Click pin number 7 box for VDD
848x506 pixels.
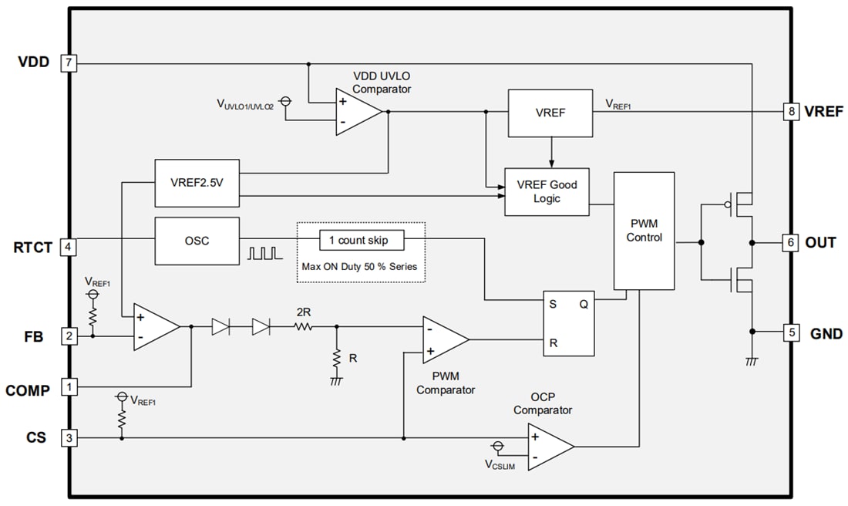click(x=69, y=62)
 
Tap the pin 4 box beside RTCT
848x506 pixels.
click(x=69, y=247)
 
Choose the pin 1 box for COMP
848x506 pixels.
click(x=69, y=386)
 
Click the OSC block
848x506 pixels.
click(x=197, y=240)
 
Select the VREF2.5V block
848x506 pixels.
click(x=197, y=183)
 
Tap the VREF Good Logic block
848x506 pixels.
click(x=547, y=191)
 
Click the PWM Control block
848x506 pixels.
click(x=644, y=231)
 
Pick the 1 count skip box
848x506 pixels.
click(x=362, y=240)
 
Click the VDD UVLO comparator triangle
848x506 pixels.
click(x=356, y=112)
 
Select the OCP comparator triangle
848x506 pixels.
click(x=548, y=447)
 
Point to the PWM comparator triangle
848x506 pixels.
click(x=443, y=339)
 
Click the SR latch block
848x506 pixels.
click(x=568, y=323)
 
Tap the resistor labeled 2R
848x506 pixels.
click(x=304, y=327)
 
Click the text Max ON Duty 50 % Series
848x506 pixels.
click(x=361, y=266)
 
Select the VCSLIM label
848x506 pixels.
click(x=500, y=465)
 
